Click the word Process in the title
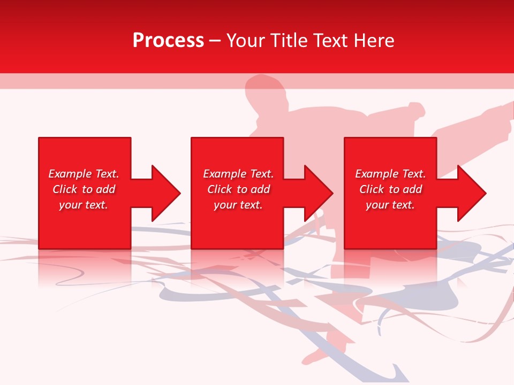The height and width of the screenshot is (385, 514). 168,41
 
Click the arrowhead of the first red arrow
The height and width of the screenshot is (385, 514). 166,193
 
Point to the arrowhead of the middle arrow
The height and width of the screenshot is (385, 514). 319,193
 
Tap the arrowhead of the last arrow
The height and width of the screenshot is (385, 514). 472,193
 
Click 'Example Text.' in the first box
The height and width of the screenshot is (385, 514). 84,174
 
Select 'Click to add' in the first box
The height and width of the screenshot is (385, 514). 84,189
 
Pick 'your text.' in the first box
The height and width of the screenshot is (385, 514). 84,205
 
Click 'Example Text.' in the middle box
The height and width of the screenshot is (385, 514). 238,174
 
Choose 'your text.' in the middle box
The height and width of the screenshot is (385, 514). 238,205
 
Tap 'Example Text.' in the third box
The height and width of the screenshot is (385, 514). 390,174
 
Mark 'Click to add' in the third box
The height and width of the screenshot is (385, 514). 390,189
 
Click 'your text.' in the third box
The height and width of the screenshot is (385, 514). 390,205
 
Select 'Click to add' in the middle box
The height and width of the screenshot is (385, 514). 238,189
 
